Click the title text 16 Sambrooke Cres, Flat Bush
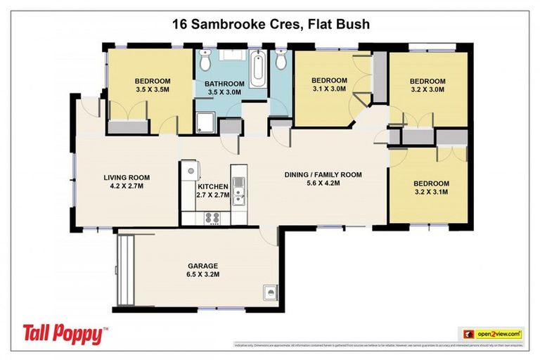pyautogui.click(x=271, y=24)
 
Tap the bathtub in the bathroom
pyautogui.click(x=257, y=70)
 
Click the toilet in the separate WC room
pyautogui.click(x=281, y=63)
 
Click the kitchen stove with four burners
pyautogui.click(x=212, y=217)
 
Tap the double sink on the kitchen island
pyautogui.click(x=239, y=191)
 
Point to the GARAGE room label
pyautogui.click(x=202, y=266)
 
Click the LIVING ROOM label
pyautogui.click(x=124, y=177)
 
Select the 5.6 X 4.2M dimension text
pyautogui.click(x=322, y=184)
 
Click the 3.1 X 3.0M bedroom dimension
pyautogui.click(x=329, y=89)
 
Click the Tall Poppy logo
pyautogui.click(x=65, y=333)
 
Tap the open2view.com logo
pyautogui.click(x=492, y=333)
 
